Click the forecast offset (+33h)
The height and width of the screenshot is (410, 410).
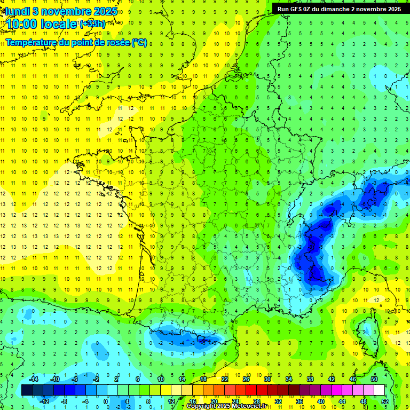tap(92, 24)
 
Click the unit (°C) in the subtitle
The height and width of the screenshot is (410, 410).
tap(139, 42)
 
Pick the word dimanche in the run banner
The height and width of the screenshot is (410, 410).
tap(334, 9)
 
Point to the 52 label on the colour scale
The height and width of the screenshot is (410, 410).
tap(385, 401)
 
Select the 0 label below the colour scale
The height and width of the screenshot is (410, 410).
tap(106, 401)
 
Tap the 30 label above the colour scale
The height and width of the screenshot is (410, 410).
tap(267, 379)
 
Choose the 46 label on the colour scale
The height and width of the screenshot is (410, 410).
tap(353, 379)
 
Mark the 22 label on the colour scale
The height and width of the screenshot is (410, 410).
tap(225, 379)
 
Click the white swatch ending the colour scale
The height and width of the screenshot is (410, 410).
tap(380, 390)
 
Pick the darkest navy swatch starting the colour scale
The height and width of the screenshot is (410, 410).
tap(27, 390)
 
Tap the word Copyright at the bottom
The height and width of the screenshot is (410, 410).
tap(201, 406)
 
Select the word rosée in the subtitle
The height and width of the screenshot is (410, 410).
tap(120, 42)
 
